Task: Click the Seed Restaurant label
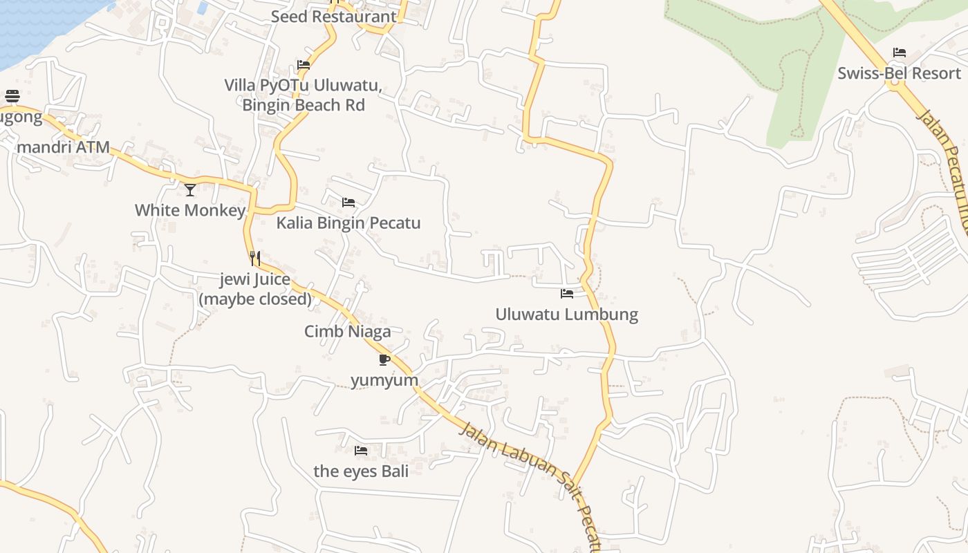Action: [x=333, y=17]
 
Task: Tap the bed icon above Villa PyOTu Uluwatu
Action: [x=303, y=65]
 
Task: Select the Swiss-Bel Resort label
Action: [x=899, y=73]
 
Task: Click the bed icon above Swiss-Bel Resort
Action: [x=899, y=53]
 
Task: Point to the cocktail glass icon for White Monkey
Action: [x=190, y=189]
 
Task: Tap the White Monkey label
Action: [x=190, y=210]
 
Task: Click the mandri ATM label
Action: [x=63, y=147]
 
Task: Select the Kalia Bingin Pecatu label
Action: [x=348, y=223]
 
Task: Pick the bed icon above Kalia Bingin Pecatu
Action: [x=348, y=203]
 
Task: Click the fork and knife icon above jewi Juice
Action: [x=255, y=259]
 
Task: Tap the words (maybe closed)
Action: [x=255, y=299]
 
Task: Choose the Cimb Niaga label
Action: [x=348, y=331]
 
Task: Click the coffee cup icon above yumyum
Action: [x=384, y=359]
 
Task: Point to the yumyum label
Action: [x=384, y=380]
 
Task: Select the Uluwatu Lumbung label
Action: [x=566, y=315]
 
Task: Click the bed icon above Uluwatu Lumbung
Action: [x=567, y=294]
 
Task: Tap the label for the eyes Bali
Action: [x=361, y=471]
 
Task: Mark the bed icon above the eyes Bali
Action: [x=361, y=451]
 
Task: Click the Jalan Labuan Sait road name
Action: [x=512, y=459]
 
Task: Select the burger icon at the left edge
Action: [x=12, y=96]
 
